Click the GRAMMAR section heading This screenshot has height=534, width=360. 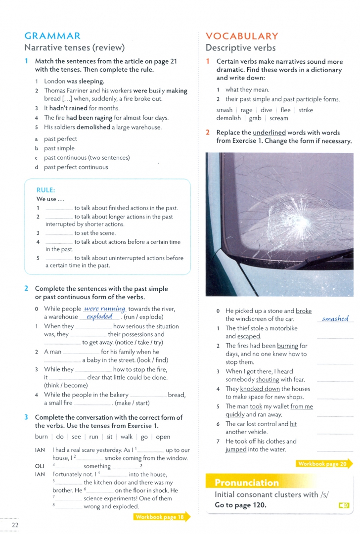tap(52, 36)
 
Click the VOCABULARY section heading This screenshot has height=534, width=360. tap(242, 36)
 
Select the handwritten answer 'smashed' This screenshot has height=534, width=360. tap(335, 319)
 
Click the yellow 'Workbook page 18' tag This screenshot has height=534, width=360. tap(161, 517)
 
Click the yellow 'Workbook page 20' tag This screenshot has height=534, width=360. tap(323, 464)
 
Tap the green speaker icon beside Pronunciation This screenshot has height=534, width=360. tap(344, 505)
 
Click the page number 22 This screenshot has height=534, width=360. tap(15, 525)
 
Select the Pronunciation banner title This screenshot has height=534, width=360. tap(247, 483)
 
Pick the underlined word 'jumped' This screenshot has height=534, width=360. tap(236, 449)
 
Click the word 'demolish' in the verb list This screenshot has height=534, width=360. tap(228, 118)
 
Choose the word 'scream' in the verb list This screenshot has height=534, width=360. tap(279, 118)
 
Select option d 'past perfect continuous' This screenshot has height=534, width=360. tap(76, 167)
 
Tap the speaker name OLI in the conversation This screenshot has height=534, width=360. tap(40, 466)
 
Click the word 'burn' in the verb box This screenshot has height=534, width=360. tap(42, 437)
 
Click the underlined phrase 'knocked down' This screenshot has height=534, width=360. tap(260, 389)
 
